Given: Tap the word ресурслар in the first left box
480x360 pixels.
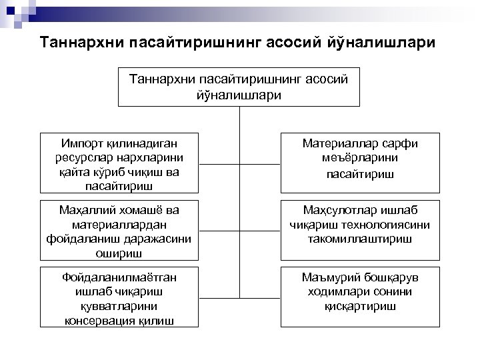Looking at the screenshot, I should [x=79, y=157].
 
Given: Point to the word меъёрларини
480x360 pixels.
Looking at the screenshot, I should [x=360, y=157].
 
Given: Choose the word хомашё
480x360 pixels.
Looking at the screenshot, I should [x=137, y=209].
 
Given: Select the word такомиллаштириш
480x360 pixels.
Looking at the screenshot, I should [x=360, y=238].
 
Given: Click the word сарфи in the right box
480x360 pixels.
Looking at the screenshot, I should [x=399, y=142].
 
